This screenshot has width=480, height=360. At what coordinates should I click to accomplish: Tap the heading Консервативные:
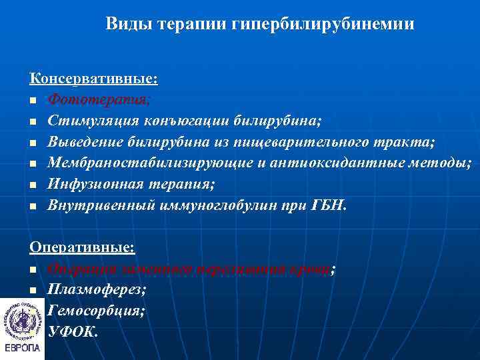[93, 79]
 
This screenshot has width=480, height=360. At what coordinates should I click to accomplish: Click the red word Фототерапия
[99, 100]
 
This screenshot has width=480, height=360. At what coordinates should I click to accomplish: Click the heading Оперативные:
[82, 247]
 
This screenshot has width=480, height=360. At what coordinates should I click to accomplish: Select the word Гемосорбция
[96, 311]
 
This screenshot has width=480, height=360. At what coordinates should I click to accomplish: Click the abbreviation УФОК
[73, 331]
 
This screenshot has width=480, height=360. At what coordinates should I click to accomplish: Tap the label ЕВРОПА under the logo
[22, 348]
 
